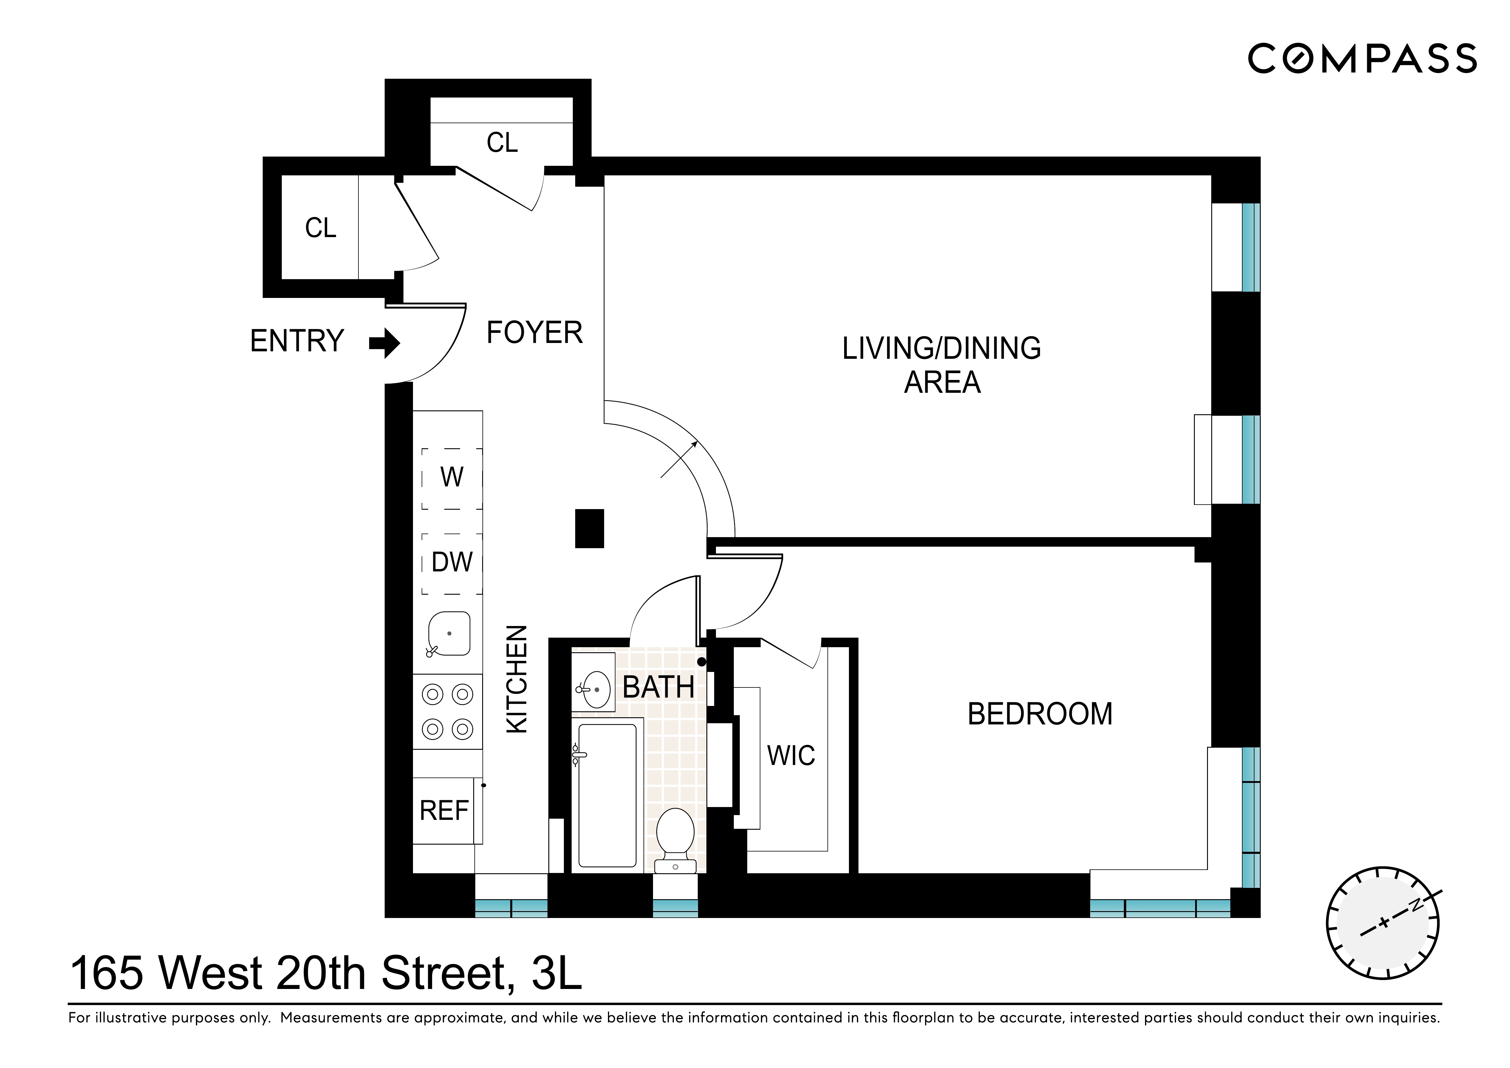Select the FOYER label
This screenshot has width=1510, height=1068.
pyautogui.click(x=534, y=333)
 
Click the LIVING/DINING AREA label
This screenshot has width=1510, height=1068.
pyautogui.click(x=942, y=365)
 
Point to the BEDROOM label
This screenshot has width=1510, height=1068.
pyautogui.click(x=1040, y=714)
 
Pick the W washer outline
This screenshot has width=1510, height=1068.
pyautogui.click(x=452, y=477)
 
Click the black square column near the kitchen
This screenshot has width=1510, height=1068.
pyautogui.click(x=589, y=529)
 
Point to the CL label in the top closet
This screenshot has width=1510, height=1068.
pyautogui.click(x=502, y=143)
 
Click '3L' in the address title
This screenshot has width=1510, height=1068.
pyautogui.click(x=556, y=973)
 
